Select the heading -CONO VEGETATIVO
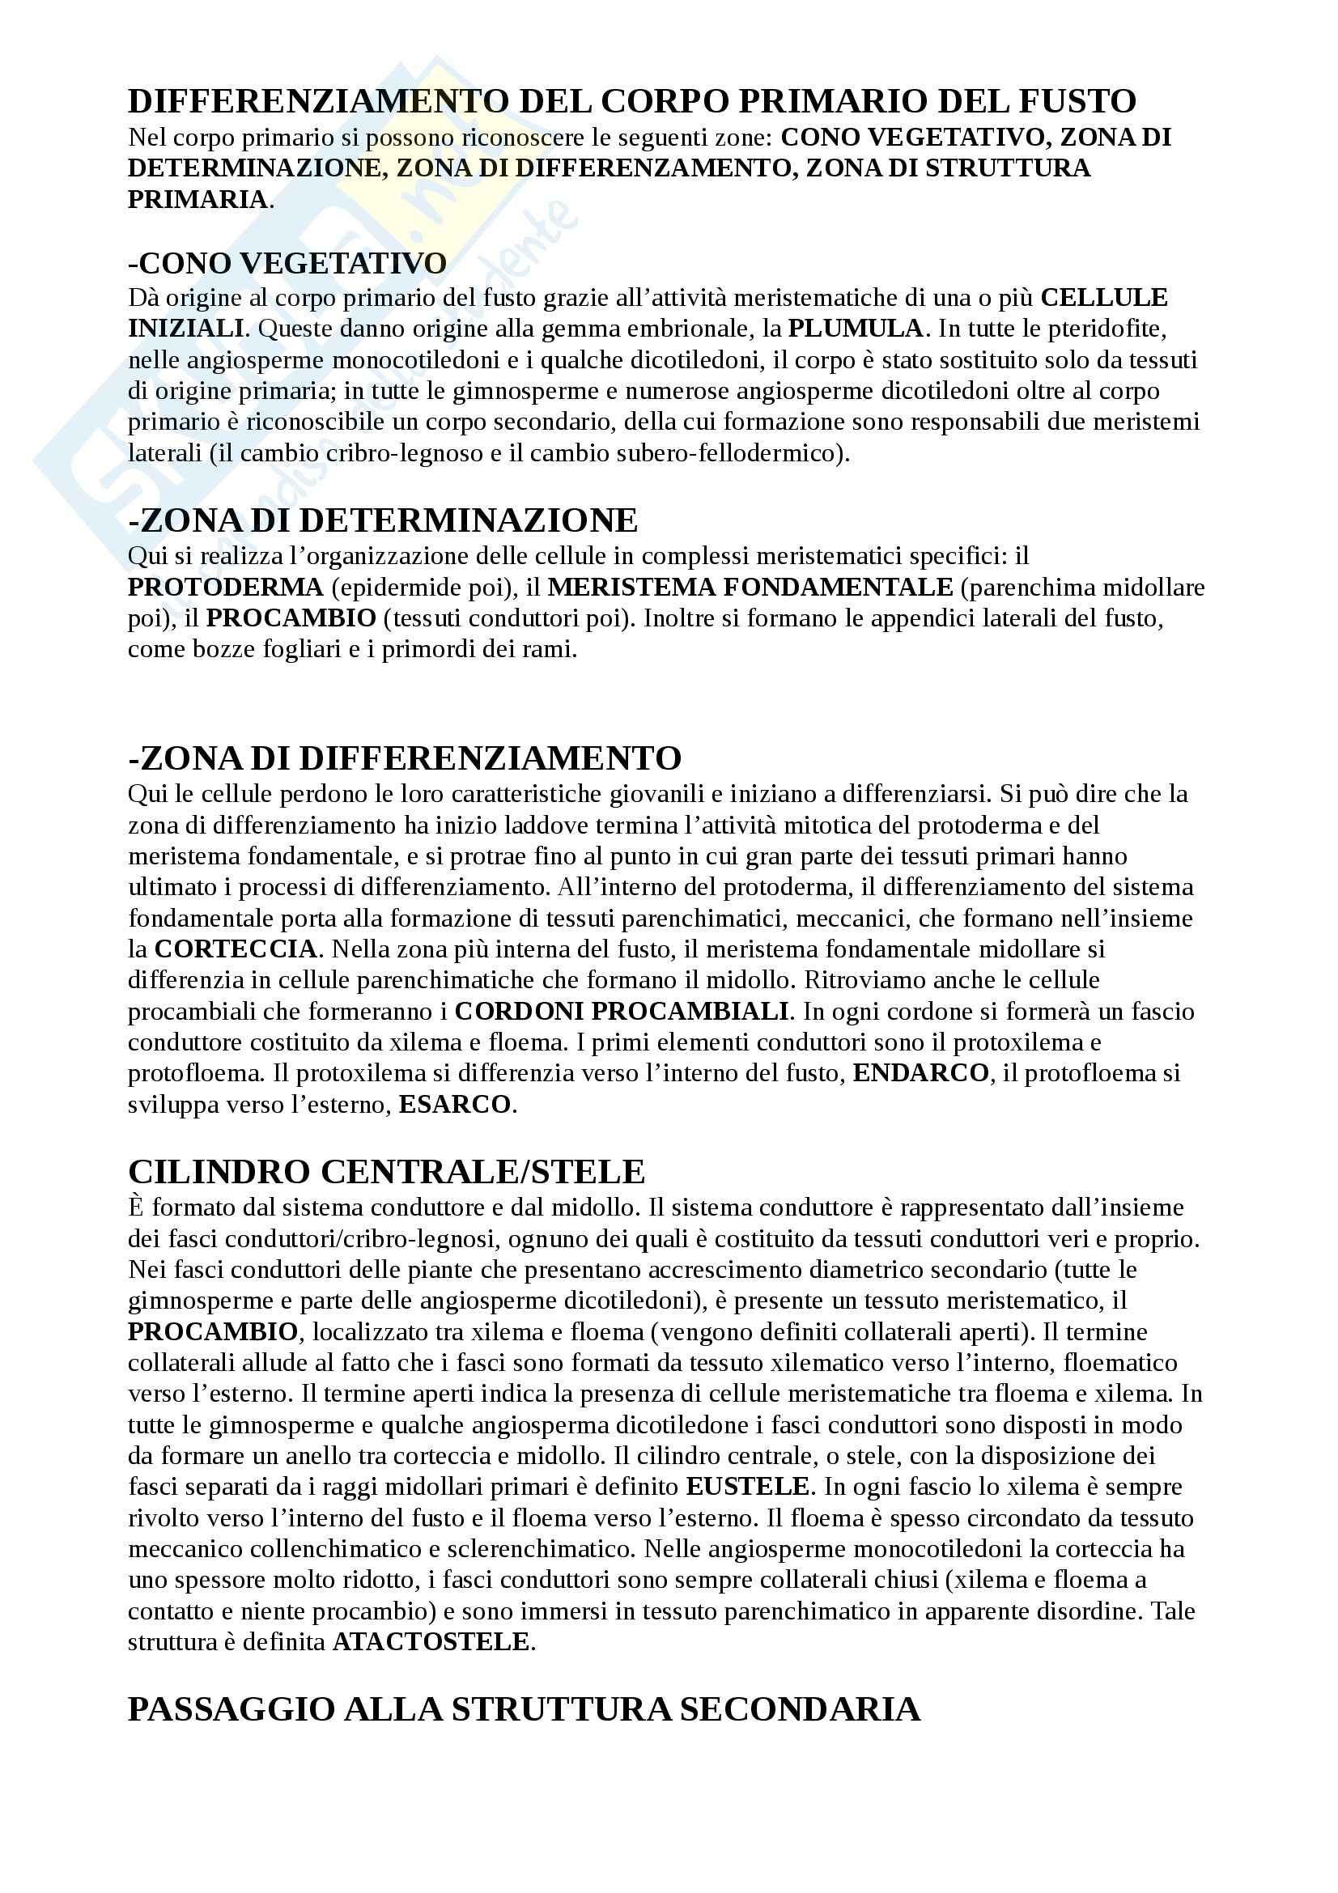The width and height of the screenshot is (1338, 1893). click(287, 264)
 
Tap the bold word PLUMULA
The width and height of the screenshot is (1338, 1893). click(855, 328)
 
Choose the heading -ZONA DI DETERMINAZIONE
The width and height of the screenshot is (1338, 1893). click(383, 520)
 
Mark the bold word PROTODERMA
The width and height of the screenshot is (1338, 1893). click(225, 587)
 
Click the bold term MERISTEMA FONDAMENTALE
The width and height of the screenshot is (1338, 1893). click(750, 587)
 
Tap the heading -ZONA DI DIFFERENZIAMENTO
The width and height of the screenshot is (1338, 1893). click(404, 758)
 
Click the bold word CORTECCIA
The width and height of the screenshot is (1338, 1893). click(235, 949)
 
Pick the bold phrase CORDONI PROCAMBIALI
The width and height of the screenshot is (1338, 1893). click(622, 1011)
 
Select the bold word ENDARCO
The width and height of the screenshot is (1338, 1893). click(920, 1072)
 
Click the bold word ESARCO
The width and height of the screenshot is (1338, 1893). click(454, 1104)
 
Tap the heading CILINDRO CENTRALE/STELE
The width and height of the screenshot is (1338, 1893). click(386, 1172)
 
